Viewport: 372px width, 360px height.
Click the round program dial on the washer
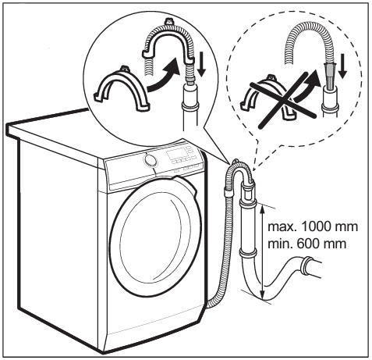point(150,160)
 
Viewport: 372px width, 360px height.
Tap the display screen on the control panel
point(175,155)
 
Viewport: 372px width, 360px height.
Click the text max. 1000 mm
point(313,227)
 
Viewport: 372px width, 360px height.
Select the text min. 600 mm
point(307,244)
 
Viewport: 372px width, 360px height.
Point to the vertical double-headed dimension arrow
point(263,252)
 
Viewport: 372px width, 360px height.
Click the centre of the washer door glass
point(156,240)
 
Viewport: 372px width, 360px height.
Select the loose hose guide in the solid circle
point(122,90)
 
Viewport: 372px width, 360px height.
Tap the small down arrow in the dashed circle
point(342,67)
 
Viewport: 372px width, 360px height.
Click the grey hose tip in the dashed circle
point(329,77)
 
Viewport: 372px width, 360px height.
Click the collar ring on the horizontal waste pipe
point(306,266)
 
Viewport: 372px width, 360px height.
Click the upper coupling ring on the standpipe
point(247,202)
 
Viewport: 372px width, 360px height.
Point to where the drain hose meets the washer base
point(208,305)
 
